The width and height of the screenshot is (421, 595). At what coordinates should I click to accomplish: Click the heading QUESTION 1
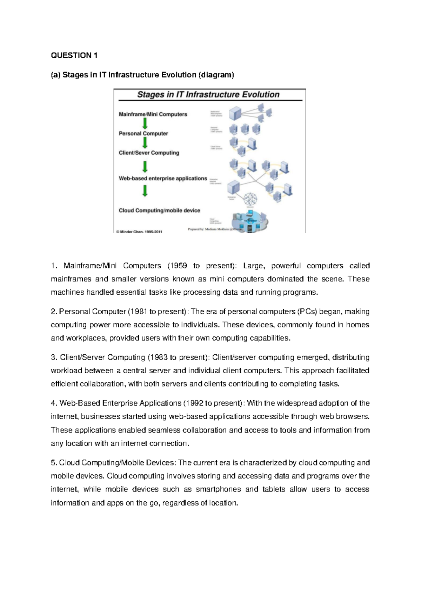click(74, 55)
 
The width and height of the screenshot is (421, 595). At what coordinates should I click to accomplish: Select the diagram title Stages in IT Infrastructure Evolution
click(208, 94)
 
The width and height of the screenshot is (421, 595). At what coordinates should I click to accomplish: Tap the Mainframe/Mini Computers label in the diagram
click(153, 114)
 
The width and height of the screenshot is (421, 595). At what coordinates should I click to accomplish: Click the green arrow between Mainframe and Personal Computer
click(145, 123)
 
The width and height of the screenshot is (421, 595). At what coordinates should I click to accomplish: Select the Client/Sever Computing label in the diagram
click(149, 153)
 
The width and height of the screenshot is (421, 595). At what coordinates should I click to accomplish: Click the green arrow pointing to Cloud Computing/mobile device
click(145, 191)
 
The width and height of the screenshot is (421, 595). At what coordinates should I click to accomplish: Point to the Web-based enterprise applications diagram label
click(163, 179)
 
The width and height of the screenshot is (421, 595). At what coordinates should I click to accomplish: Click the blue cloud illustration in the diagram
click(250, 221)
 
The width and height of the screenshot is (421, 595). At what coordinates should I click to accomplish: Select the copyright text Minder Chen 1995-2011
click(139, 232)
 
